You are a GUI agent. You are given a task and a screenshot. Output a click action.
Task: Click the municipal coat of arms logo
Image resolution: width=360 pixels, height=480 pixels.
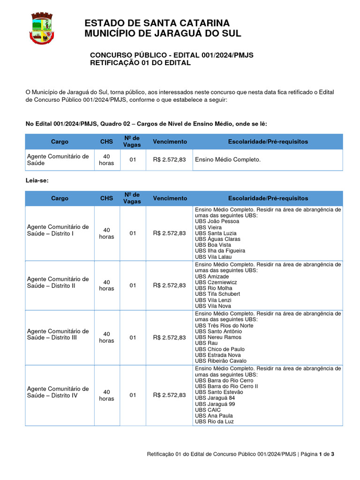[42, 29]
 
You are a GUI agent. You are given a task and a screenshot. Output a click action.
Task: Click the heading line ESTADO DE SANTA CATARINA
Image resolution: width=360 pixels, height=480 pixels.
[157, 23]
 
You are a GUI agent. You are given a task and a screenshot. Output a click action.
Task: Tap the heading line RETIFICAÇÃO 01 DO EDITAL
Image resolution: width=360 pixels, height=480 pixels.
[140, 63]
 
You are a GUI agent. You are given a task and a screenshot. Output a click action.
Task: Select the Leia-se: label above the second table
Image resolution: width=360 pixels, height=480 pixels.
[37, 180]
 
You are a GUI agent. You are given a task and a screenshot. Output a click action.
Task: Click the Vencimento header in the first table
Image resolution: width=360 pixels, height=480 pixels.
[170, 142]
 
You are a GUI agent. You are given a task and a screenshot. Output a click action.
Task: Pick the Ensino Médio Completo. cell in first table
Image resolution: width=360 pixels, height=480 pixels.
[227, 160]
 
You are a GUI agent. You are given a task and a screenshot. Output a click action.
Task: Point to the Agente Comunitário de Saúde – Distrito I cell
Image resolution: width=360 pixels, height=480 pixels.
[58, 230]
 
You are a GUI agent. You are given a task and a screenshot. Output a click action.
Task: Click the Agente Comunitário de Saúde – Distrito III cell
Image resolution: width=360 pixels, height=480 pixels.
[58, 334]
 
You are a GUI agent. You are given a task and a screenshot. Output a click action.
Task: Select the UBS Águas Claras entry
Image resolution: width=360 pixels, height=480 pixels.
[217, 239]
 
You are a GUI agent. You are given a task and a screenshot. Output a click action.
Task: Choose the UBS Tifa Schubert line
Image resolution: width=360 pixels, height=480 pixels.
[217, 294]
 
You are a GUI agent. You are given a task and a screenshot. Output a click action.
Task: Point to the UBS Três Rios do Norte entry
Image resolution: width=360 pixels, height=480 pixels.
[224, 325]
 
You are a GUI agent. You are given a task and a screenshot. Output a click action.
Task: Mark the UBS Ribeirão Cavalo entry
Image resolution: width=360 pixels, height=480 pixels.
[220, 361]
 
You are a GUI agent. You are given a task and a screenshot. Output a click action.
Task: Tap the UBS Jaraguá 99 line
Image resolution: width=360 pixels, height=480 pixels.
[215, 404]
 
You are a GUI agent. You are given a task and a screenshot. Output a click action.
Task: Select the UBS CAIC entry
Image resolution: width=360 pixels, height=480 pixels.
[208, 410]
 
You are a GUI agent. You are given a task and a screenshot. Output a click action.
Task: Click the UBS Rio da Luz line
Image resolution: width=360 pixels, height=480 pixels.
[214, 421]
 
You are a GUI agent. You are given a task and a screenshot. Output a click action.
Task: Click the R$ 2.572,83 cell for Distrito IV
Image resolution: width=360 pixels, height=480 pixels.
[169, 395]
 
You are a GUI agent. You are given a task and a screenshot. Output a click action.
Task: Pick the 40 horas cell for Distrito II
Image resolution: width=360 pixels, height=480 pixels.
[106, 285]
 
